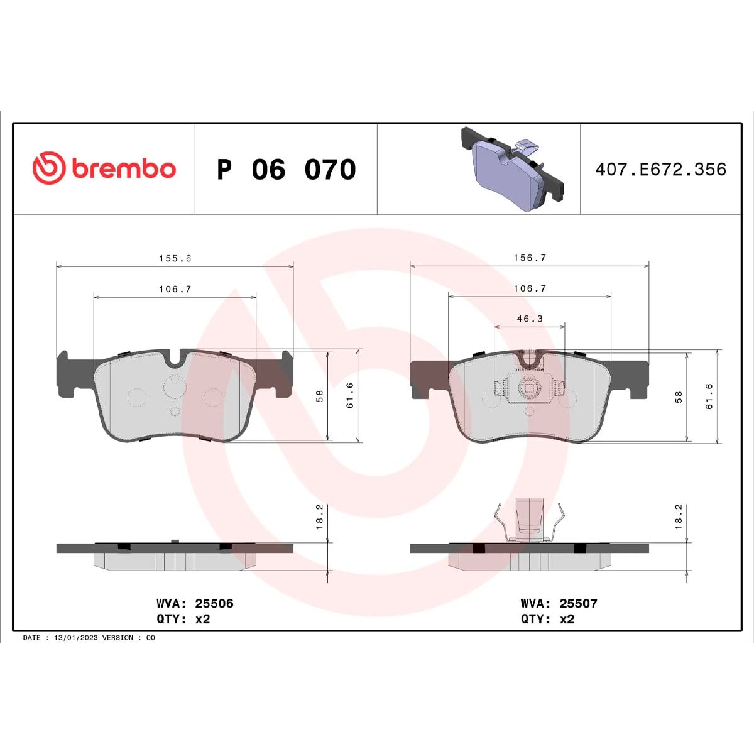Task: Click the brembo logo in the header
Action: pos(104,168)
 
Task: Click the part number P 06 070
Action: pos(287,170)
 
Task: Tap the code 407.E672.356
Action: pos(661,170)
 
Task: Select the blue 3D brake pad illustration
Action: pos(512,168)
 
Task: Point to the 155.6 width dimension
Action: pos(175,258)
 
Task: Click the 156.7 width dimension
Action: pos(530,258)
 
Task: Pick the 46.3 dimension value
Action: pos(530,319)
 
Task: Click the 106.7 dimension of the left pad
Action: pos(175,289)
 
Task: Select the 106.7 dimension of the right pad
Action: pos(530,288)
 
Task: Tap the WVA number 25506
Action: pos(214,603)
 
